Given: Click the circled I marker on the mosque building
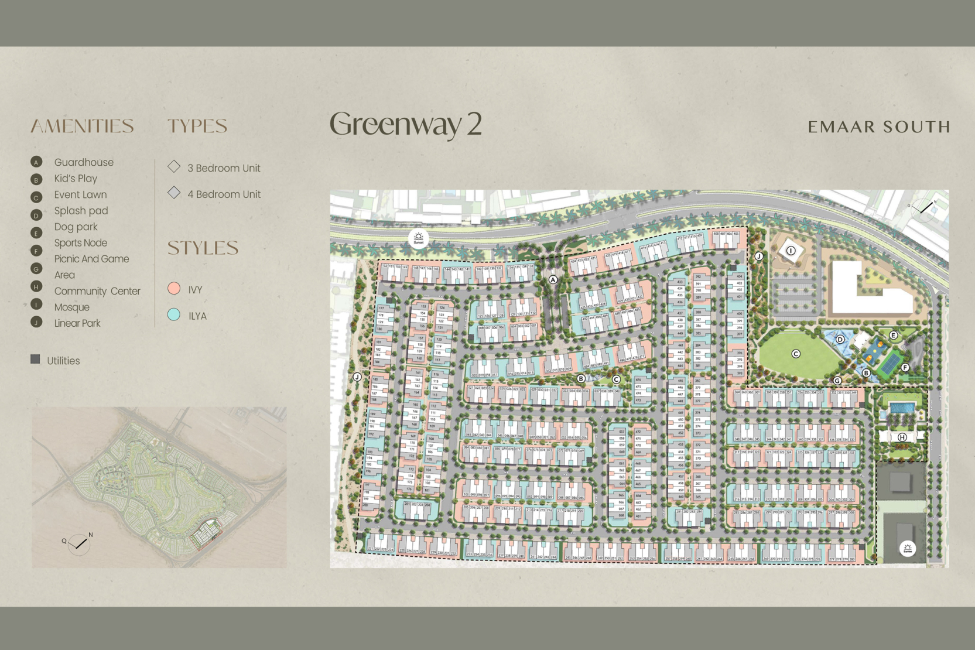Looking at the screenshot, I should coord(791,251).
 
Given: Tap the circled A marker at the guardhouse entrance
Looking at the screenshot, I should coord(553,280).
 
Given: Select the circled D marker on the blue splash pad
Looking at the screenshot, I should coord(840,340).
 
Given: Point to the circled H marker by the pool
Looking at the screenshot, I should coord(902,437).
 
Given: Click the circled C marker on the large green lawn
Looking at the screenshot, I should coord(795,354).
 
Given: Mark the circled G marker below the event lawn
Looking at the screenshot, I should coord(837,381).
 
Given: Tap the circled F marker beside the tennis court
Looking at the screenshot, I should coord(905,368).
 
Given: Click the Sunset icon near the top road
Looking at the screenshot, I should coord(418,238).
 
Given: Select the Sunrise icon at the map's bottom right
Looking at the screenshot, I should coord(907,549).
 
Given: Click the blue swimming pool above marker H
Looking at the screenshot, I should coord(902,408).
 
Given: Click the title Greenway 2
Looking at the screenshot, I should coord(405,124).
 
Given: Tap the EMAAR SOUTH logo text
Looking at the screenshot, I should coord(878,127).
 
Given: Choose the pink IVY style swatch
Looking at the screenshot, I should coord(174,288).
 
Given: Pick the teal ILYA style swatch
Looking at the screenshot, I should coord(174,314).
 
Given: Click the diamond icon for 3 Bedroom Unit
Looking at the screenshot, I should coord(174,166).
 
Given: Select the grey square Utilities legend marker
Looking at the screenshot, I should coord(35,359).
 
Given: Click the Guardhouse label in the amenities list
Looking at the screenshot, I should coord(84,162).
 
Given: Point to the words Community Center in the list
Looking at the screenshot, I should coord(97,291).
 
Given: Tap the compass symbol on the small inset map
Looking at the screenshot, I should coord(78,544).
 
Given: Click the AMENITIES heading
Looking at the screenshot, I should coord(82,126).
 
